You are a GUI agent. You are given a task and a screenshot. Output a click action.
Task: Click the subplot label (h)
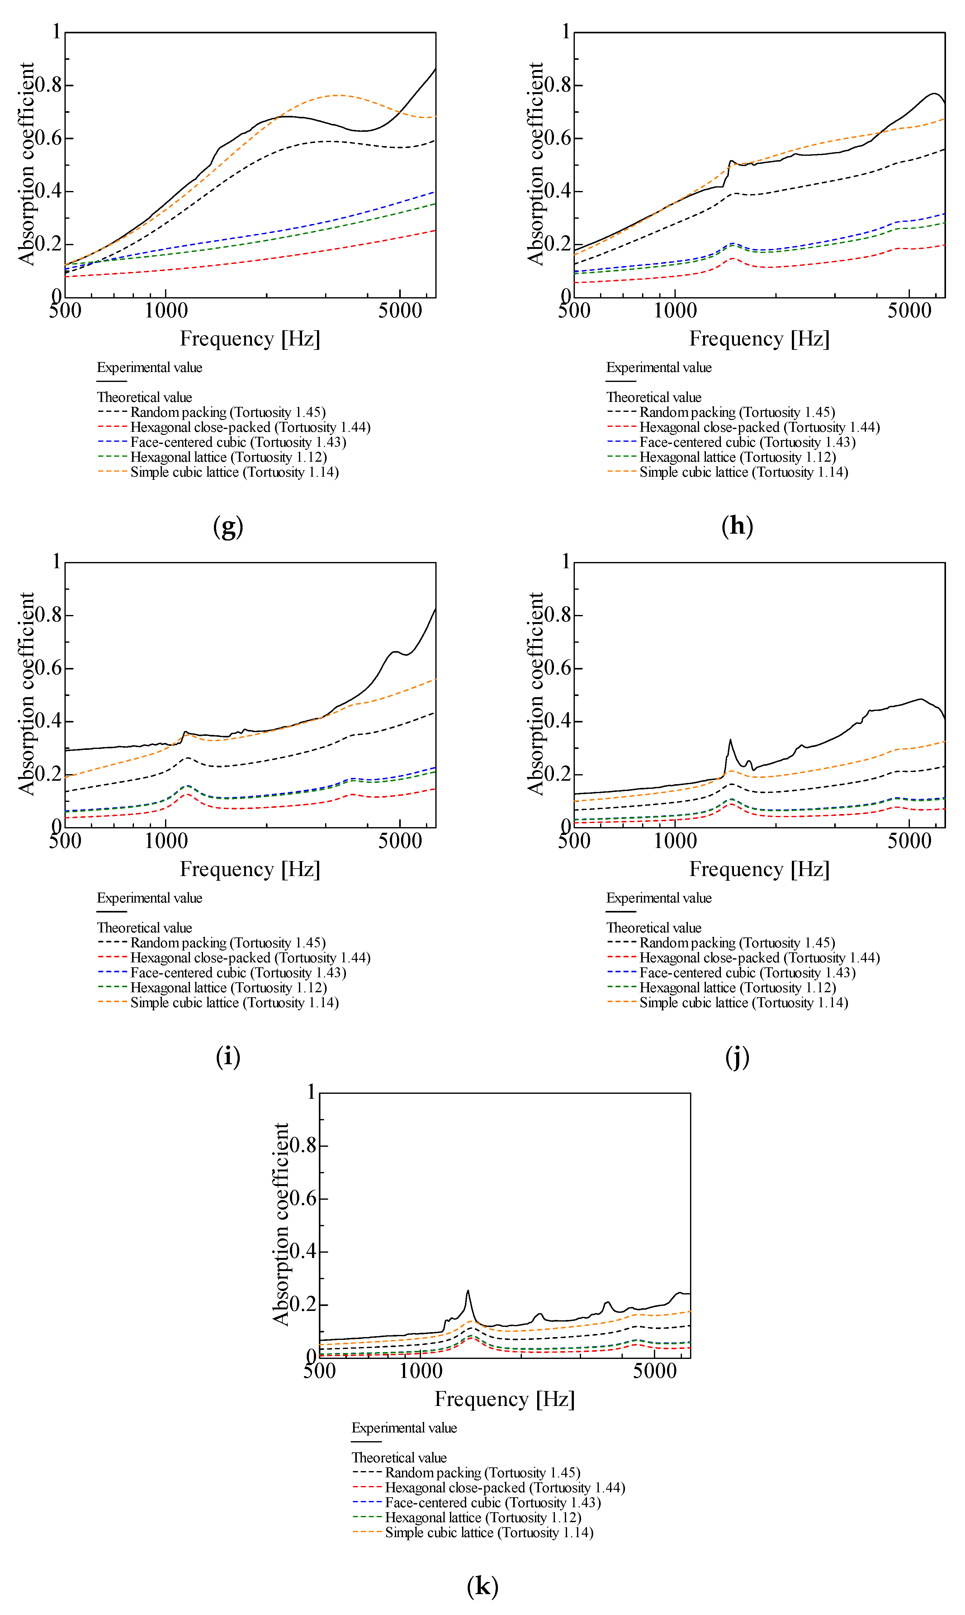pyautogui.click(x=737, y=526)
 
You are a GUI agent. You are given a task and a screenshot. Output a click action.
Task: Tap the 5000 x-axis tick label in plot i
pyautogui.click(x=400, y=841)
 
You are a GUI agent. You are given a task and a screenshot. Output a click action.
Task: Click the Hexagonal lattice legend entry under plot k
pyautogui.click(x=483, y=1517)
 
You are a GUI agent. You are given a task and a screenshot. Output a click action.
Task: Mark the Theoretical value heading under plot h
pyautogui.click(x=654, y=398)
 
